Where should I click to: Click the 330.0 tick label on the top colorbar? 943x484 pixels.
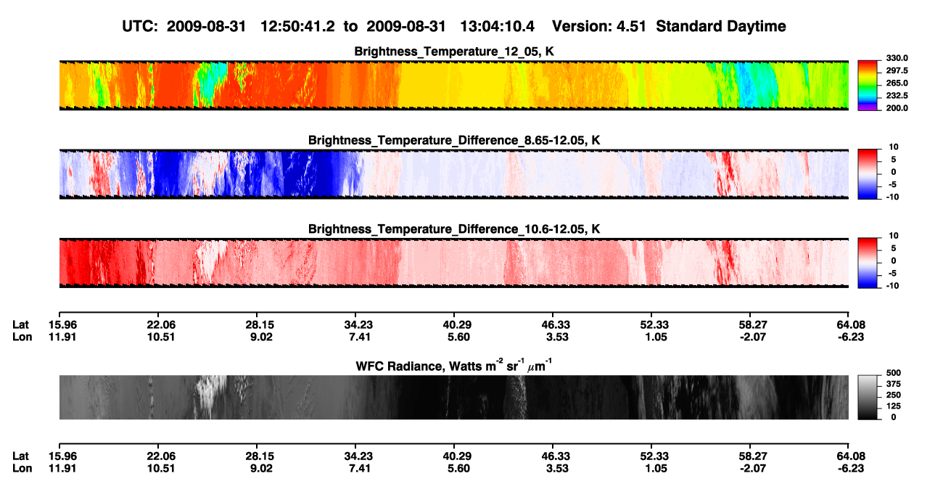click(897, 58)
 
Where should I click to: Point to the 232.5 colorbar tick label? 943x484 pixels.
click(897, 96)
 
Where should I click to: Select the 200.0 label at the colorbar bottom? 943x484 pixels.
click(897, 108)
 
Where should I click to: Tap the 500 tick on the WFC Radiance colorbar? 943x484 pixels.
click(894, 373)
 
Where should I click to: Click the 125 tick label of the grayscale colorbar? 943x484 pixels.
click(894, 406)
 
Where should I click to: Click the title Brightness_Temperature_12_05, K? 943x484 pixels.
click(454, 52)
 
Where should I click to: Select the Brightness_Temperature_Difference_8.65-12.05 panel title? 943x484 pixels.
click(454, 140)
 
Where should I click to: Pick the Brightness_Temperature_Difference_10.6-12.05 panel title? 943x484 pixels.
click(454, 229)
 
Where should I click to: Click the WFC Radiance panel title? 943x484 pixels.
click(454, 366)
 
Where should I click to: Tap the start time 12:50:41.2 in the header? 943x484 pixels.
click(297, 27)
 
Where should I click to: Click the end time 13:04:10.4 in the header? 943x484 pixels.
click(497, 27)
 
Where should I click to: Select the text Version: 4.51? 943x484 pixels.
click(598, 27)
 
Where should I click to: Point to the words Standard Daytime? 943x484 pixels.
click(721, 27)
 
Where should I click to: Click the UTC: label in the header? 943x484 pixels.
click(140, 27)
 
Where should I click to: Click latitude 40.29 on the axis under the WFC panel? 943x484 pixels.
click(457, 456)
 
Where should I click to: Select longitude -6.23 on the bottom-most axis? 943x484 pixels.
click(850, 469)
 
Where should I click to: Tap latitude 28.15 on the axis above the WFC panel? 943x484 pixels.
click(260, 325)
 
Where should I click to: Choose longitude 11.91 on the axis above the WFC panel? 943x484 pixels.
click(62, 337)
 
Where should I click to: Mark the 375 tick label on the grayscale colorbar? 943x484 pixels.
click(894, 384)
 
